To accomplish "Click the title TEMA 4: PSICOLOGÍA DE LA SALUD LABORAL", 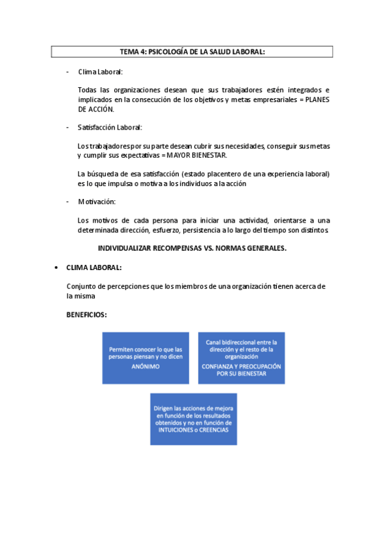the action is (192, 52).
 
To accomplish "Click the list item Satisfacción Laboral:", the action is (110, 128).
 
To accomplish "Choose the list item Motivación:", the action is (97, 202).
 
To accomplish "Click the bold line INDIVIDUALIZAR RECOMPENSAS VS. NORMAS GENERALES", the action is (192, 248).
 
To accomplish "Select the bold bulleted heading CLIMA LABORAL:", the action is (94, 268).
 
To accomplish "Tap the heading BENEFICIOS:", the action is (87, 315).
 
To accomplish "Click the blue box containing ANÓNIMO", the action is (146, 357).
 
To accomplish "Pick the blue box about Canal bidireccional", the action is (241, 357).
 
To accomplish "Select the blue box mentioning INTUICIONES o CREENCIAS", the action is (194, 419).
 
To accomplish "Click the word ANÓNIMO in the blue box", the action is (146, 366).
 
